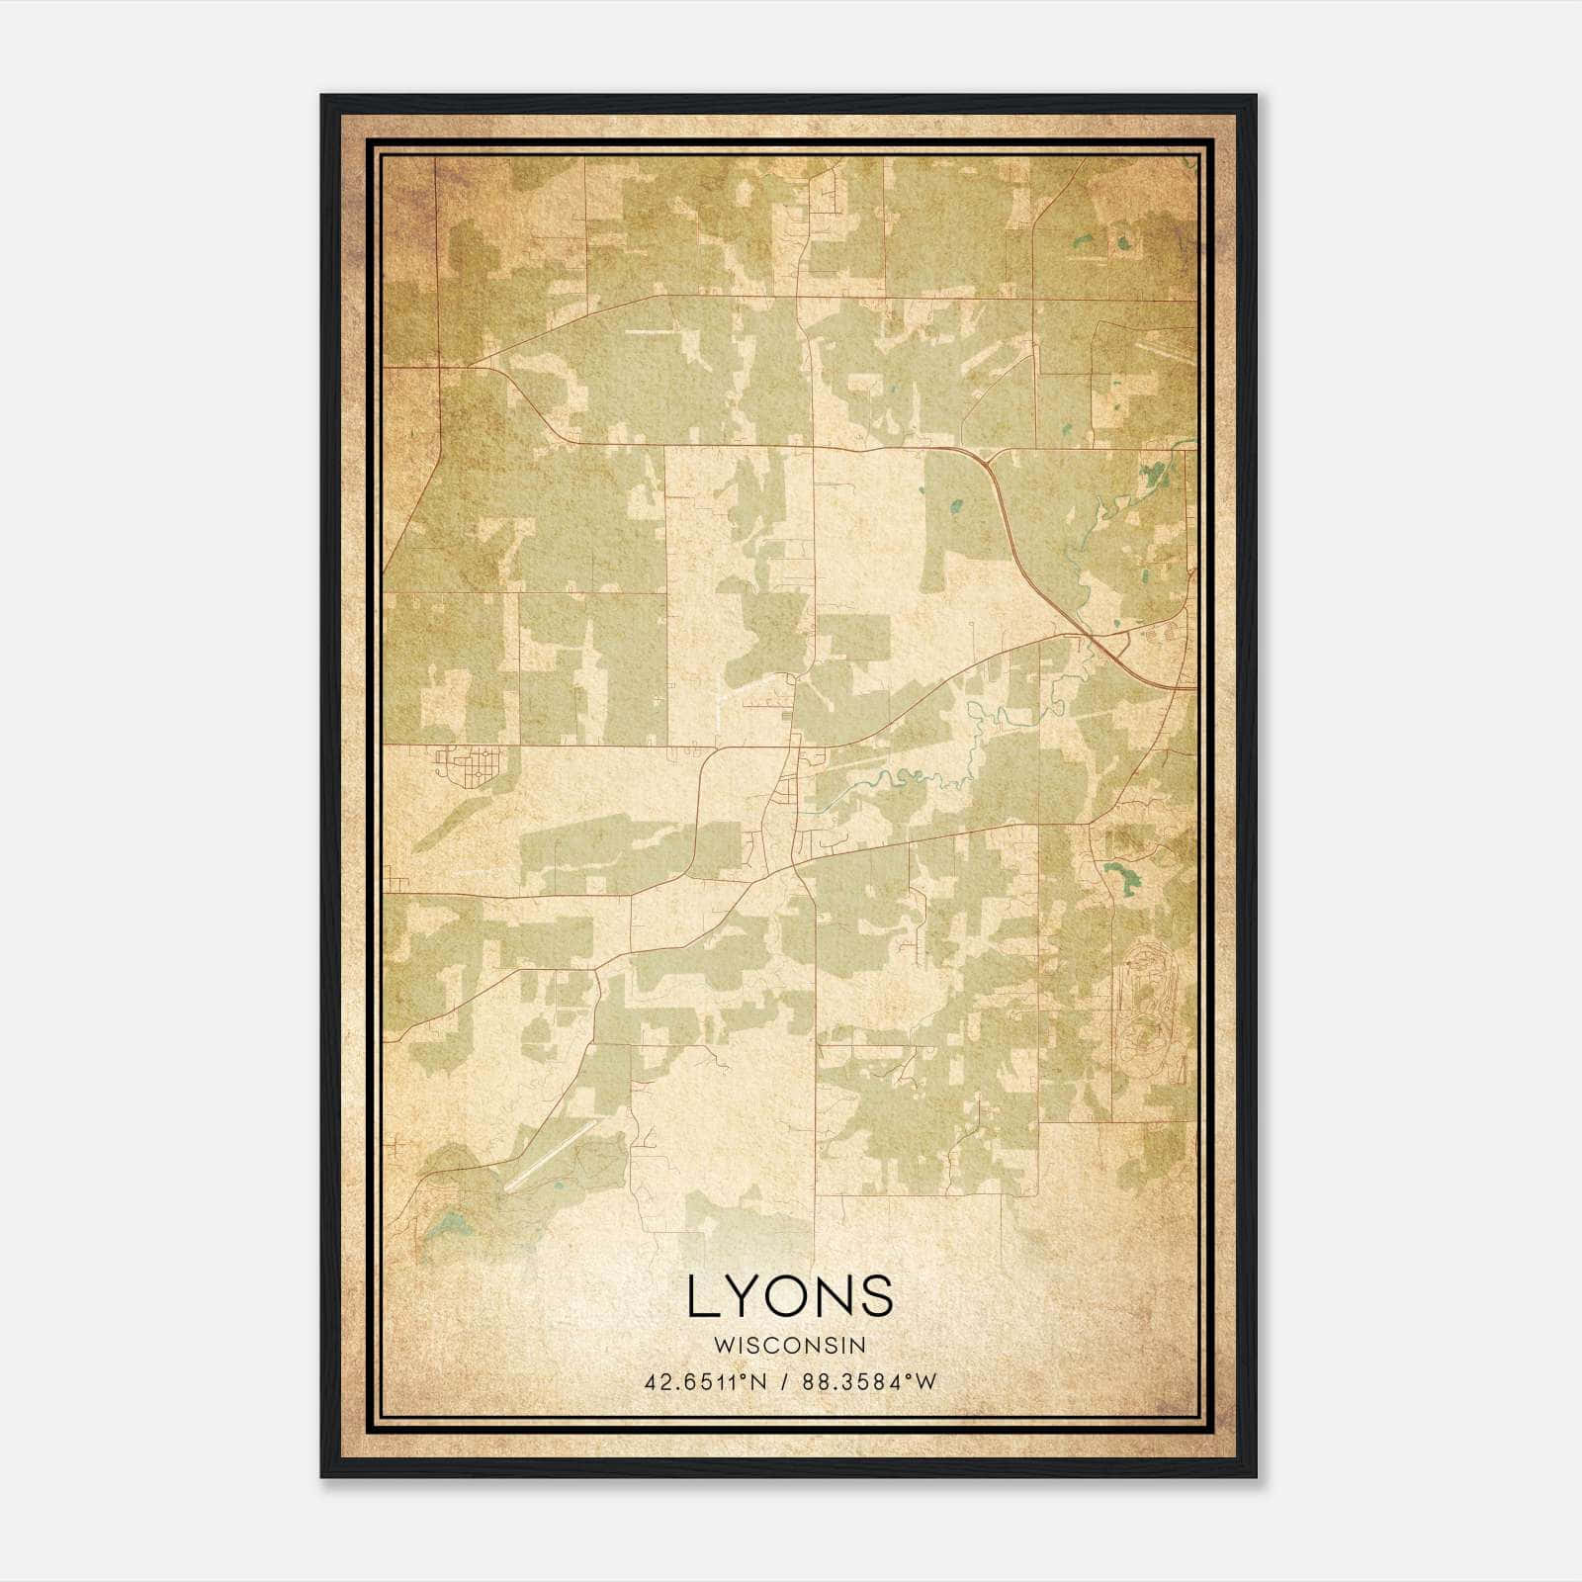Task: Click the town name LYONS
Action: tap(790, 1296)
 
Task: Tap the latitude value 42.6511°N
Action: tap(704, 1382)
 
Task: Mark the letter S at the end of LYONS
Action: tap(876, 1296)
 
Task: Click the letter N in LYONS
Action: tap(835, 1296)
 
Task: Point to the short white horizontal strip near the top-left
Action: tap(653, 332)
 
